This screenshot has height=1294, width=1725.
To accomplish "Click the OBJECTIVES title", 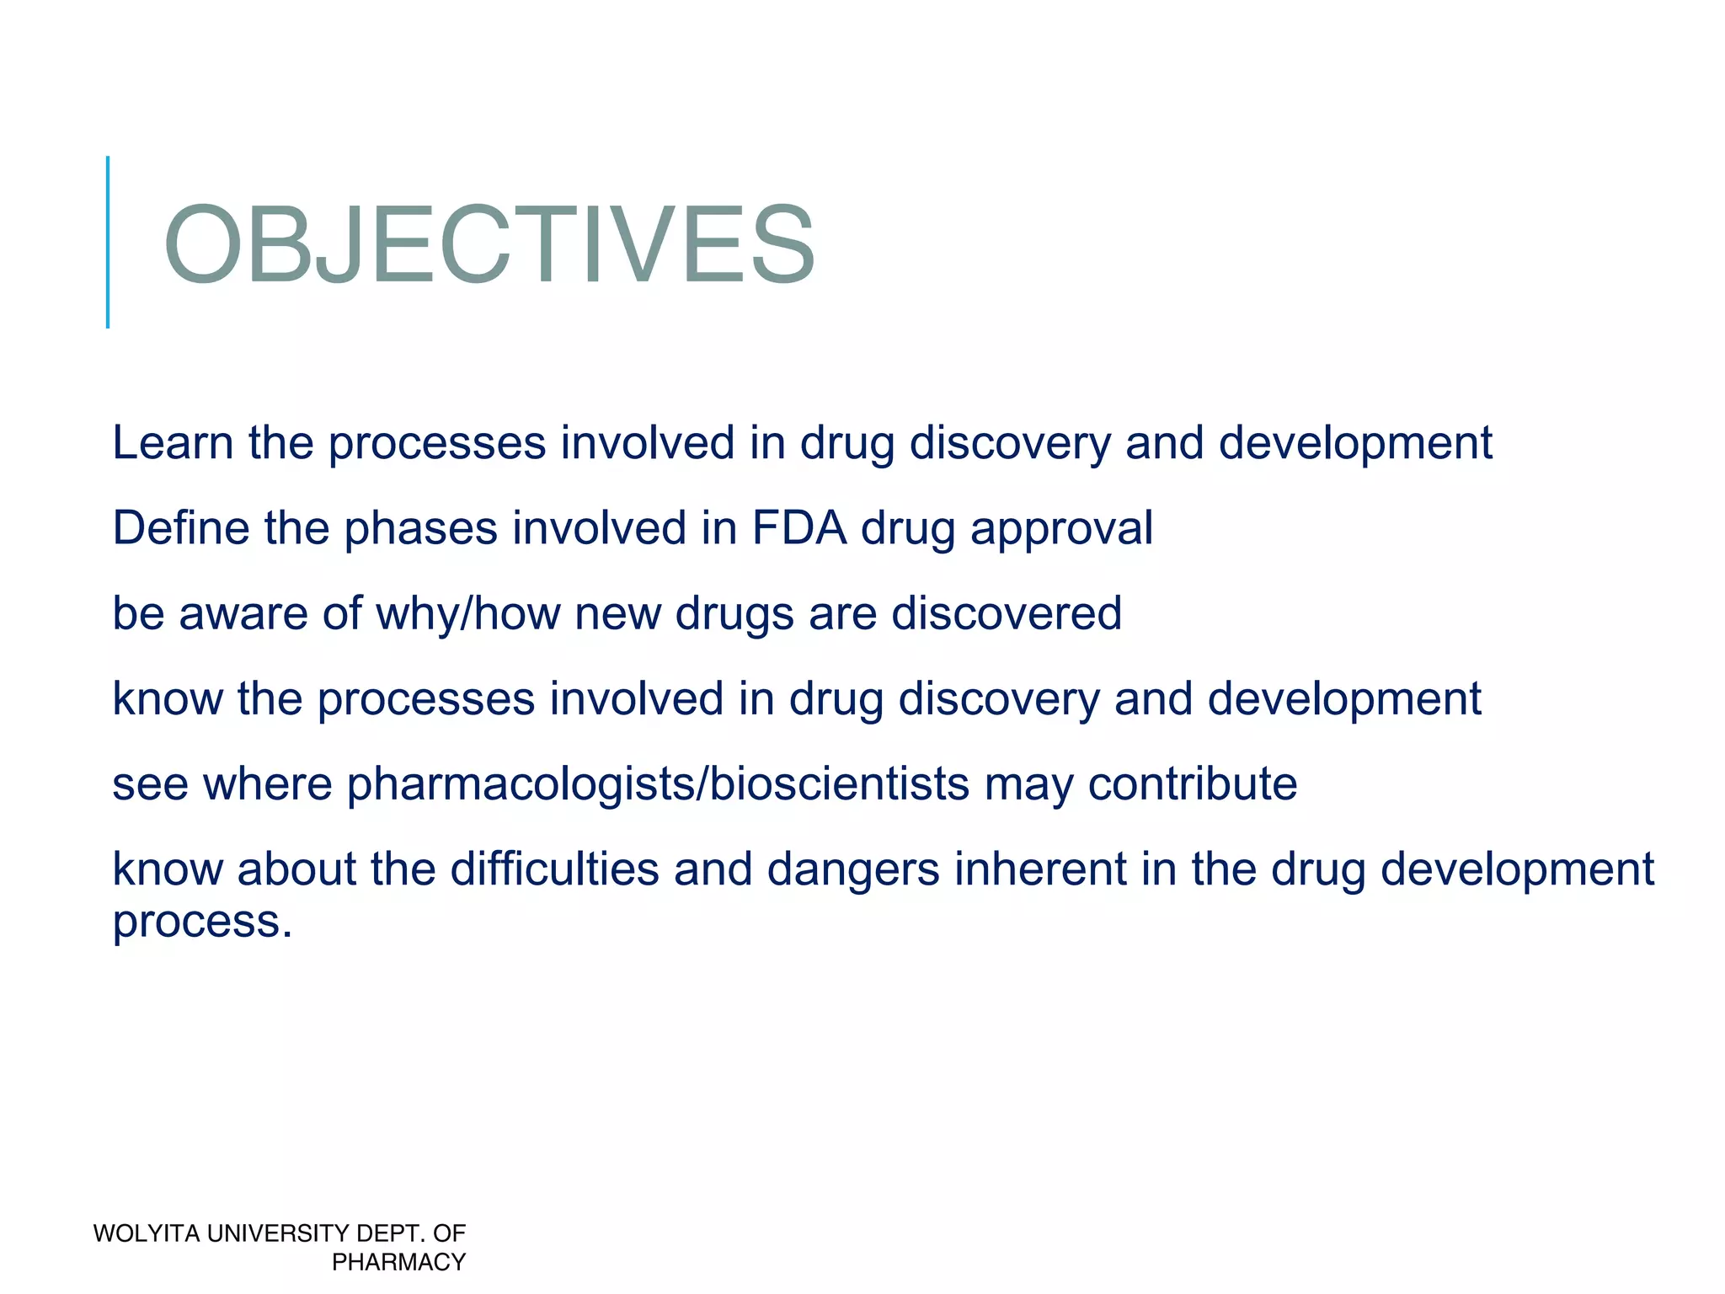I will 489,245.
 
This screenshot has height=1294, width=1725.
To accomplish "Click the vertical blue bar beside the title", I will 108,242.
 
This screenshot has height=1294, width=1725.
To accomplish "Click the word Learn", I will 173,443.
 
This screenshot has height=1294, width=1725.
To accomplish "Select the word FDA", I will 798,528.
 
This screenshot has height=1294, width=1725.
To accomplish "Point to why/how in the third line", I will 467,613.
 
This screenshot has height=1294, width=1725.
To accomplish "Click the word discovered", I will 1007,613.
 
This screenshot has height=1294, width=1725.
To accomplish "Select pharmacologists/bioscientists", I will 658,784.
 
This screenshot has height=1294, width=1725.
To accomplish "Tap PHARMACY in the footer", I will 398,1262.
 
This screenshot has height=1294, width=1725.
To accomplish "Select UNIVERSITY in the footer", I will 277,1233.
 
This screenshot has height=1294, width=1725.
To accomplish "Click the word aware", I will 243,613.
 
